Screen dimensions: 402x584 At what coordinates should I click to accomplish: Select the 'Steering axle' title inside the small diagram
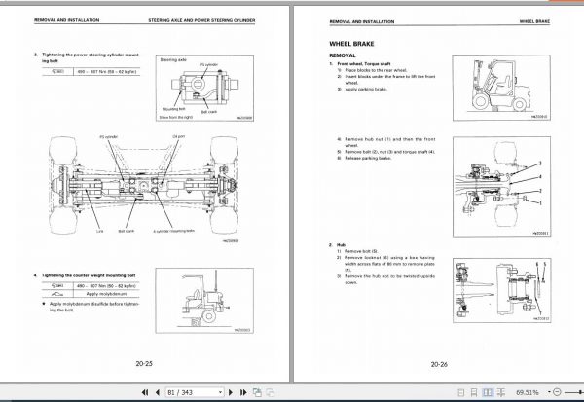(174, 59)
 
